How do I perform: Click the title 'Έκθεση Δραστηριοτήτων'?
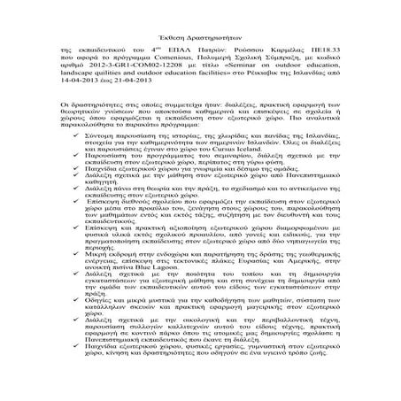pos(199,26)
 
